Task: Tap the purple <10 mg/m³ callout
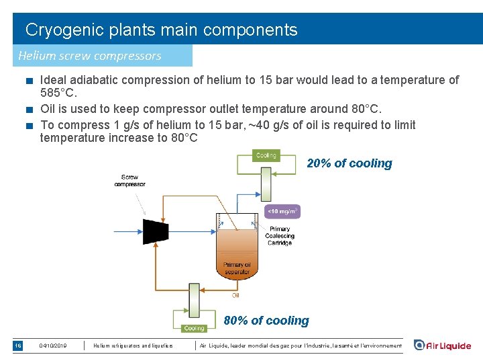click(282, 212)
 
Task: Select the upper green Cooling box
click(266, 155)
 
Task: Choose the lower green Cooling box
click(194, 329)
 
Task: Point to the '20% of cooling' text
click(350, 163)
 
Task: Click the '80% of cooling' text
click(266, 321)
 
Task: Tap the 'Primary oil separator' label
click(237, 268)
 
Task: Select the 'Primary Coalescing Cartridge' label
click(279, 236)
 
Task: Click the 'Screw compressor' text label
click(129, 181)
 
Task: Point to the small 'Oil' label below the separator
click(235, 295)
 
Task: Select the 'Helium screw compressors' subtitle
click(90, 56)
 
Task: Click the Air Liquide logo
click(443, 346)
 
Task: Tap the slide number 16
click(19, 346)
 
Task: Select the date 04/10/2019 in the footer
click(54, 346)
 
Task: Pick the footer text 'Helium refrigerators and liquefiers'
click(133, 346)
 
